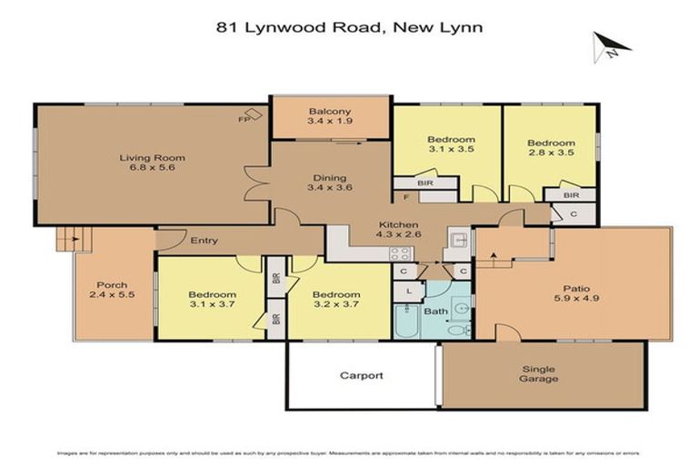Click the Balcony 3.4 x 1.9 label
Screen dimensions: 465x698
tap(330, 116)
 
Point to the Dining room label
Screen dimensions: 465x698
tap(330, 182)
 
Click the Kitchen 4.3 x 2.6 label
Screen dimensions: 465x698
tap(398, 230)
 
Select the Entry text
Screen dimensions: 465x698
tap(204, 241)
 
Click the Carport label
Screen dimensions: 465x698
tap(361, 375)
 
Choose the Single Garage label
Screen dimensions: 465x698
tap(539, 374)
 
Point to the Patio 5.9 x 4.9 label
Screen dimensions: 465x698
tap(572, 292)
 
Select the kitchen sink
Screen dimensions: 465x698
tap(458, 241)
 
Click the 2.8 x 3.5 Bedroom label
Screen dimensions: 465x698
tap(552, 148)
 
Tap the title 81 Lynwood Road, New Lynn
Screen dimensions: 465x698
tap(349, 27)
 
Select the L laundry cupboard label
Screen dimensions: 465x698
tap(410, 290)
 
